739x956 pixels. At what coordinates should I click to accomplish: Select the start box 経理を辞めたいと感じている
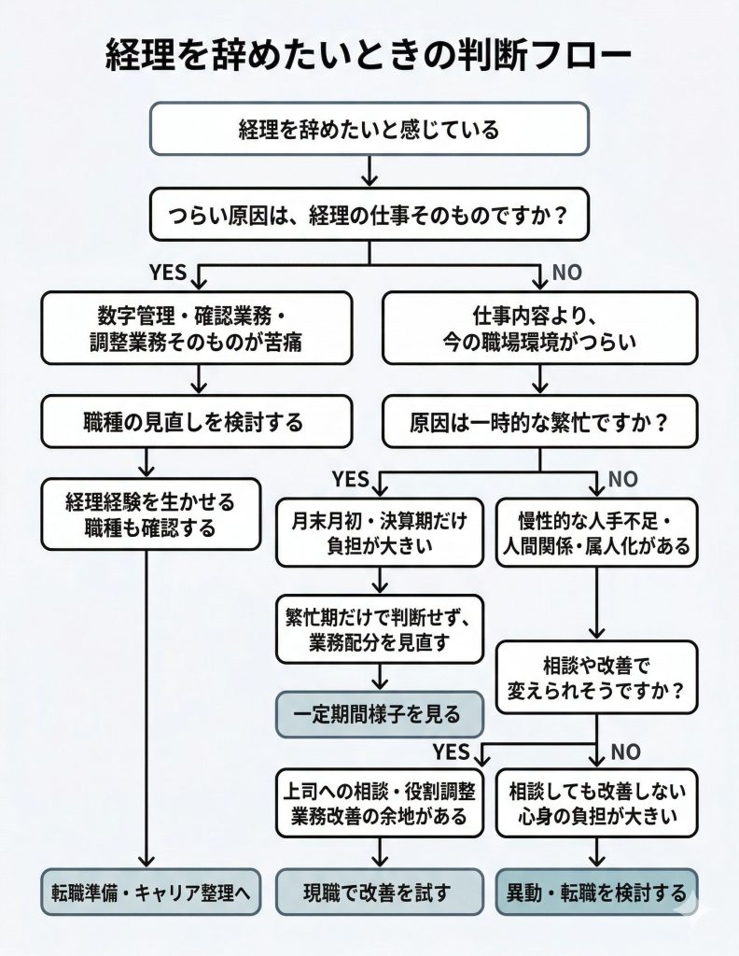point(369,128)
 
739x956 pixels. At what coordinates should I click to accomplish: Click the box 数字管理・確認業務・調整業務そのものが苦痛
point(197,327)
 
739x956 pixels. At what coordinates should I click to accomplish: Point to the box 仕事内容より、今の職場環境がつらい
point(540,327)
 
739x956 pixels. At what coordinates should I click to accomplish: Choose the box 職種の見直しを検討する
point(197,421)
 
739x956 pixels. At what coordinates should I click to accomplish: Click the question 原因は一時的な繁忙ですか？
point(540,421)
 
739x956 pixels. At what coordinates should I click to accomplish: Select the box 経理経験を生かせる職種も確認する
point(148,513)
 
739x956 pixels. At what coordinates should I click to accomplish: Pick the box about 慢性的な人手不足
point(596,532)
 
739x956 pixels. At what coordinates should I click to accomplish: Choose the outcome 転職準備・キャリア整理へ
point(150,892)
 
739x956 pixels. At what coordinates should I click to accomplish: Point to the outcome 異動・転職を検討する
point(596,892)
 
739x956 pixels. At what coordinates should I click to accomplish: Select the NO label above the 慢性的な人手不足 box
point(622,480)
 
